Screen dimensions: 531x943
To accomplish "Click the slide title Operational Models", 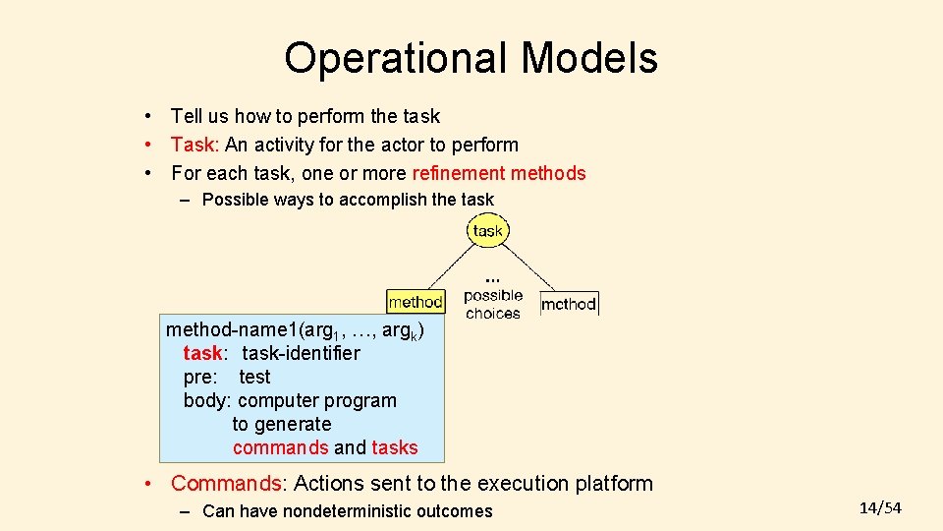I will [471, 58].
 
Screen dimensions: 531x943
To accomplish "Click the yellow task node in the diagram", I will [487, 231].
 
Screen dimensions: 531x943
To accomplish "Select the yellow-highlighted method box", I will [416, 302].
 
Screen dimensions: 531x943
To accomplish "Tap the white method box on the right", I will [569, 304].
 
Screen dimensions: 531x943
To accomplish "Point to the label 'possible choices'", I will [493, 304].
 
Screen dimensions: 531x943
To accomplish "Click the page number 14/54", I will [879, 507].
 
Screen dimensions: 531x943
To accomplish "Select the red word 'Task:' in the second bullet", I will [194, 146].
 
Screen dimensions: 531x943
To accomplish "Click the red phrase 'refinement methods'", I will [499, 174].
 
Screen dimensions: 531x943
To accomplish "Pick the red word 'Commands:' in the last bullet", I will [228, 484].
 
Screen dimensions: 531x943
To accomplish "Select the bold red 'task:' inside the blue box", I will [203, 353].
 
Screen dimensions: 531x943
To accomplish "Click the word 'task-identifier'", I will [301, 353].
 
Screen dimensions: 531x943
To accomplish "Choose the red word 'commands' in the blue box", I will [280, 448].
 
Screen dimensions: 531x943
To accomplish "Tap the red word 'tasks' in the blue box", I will [395, 448].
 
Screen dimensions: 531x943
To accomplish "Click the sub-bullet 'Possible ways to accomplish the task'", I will [348, 200].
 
